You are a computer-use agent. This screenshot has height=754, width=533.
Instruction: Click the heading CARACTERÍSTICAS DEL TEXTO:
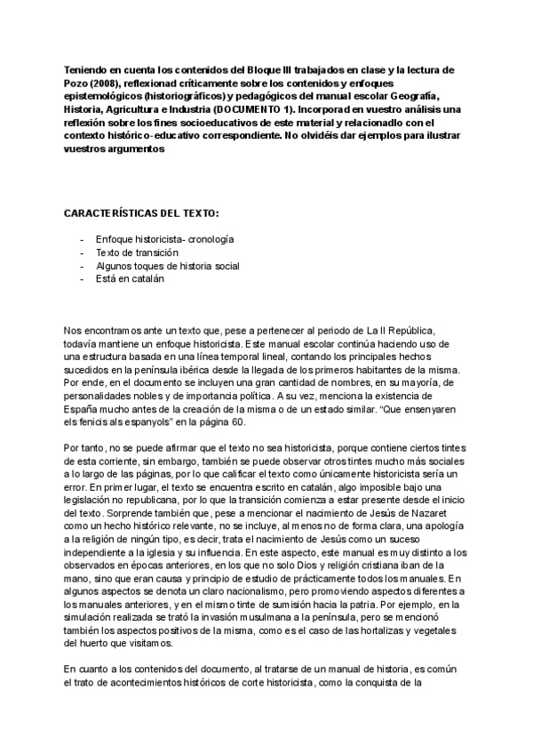click(x=143, y=214)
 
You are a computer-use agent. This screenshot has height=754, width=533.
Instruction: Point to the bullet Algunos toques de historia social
click(x=168, y=266)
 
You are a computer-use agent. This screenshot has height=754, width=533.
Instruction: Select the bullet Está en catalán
click(x=129, y=278)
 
